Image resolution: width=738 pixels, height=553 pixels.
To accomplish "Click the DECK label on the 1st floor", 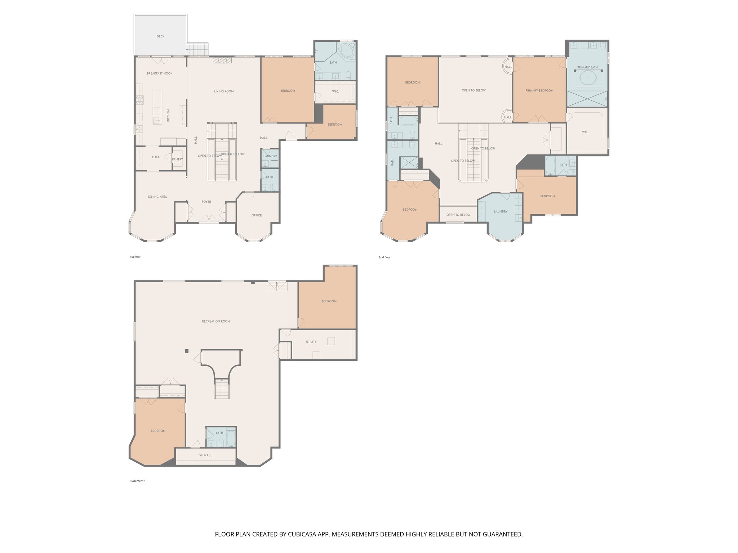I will point(160,36).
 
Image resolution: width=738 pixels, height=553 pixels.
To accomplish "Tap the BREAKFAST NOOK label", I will point(160,73).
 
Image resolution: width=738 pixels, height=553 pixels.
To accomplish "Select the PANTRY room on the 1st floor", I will point(177,159).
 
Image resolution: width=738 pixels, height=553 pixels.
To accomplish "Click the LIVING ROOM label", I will point(224,91).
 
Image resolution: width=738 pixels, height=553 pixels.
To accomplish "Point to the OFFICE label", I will point(257,215).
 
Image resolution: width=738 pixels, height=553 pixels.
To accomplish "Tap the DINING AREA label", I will point(157,197).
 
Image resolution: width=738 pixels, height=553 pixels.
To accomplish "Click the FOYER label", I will point(206,202).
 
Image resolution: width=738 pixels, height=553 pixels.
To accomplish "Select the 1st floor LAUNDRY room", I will point(270,156).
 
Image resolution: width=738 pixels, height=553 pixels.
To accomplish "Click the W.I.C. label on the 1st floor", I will point(335,91).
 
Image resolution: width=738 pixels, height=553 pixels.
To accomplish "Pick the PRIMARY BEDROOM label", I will point(539,91).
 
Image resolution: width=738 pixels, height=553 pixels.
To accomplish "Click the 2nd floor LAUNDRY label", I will point(501,212).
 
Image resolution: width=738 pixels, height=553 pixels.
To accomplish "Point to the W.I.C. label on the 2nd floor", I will point(585,132).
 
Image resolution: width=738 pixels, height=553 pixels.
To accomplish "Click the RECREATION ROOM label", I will point(216,322).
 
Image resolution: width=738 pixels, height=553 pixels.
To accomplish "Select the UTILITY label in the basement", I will point(311,342).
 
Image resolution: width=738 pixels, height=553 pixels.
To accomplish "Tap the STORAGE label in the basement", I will point(206,455).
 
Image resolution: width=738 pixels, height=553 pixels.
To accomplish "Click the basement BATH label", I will point(219,433).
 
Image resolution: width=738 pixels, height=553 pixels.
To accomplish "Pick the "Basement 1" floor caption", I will point(138,481).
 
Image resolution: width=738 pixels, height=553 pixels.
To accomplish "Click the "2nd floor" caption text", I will point(384,257).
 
